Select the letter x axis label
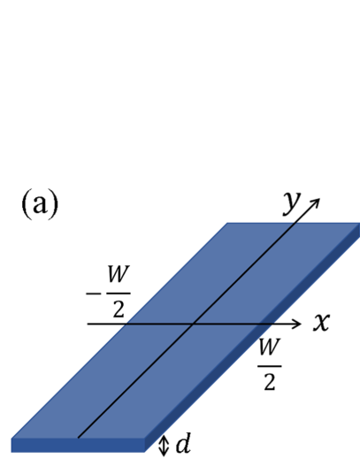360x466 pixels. pos(321,324)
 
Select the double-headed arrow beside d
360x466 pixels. pos(162,445)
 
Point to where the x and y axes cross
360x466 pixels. pos(191,325)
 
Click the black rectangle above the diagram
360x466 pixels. pos(180,84)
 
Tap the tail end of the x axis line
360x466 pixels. pos(86,325)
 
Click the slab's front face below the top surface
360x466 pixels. pos(80,445)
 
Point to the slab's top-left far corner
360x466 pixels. pos(228,224)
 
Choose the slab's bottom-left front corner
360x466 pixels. pos(12,450)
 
